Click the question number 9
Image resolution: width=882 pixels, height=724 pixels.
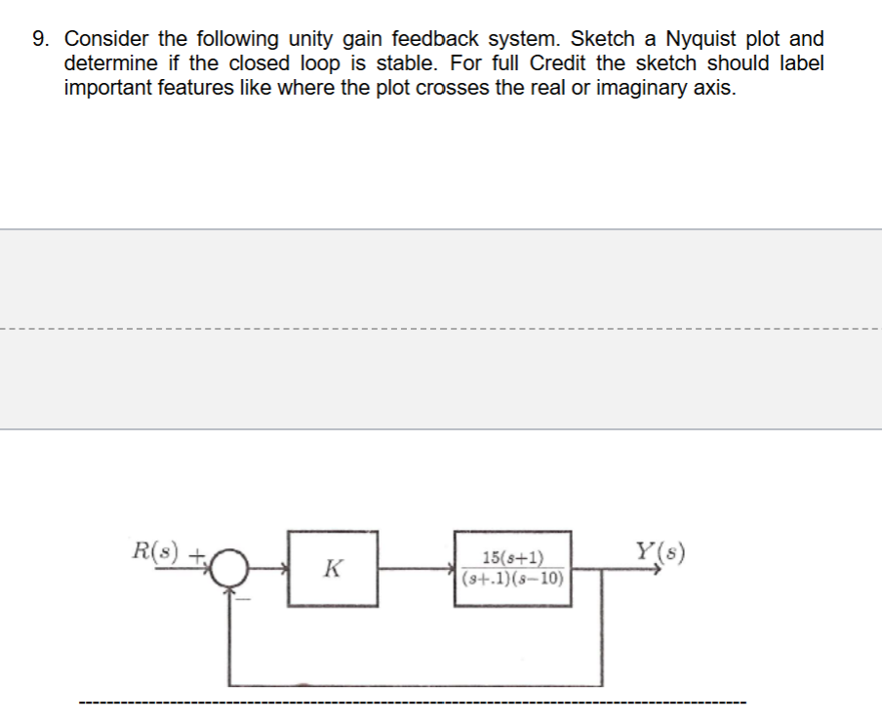tap(38, 40)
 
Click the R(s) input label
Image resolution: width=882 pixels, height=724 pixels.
tap(155, 549)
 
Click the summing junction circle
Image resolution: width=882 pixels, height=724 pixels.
tap(228, 567)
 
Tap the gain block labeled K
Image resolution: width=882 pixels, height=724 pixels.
tap(332, 567)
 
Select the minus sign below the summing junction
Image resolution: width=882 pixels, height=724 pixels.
tap(245, 599)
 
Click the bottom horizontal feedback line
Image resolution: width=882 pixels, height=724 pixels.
tap(415, 684)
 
